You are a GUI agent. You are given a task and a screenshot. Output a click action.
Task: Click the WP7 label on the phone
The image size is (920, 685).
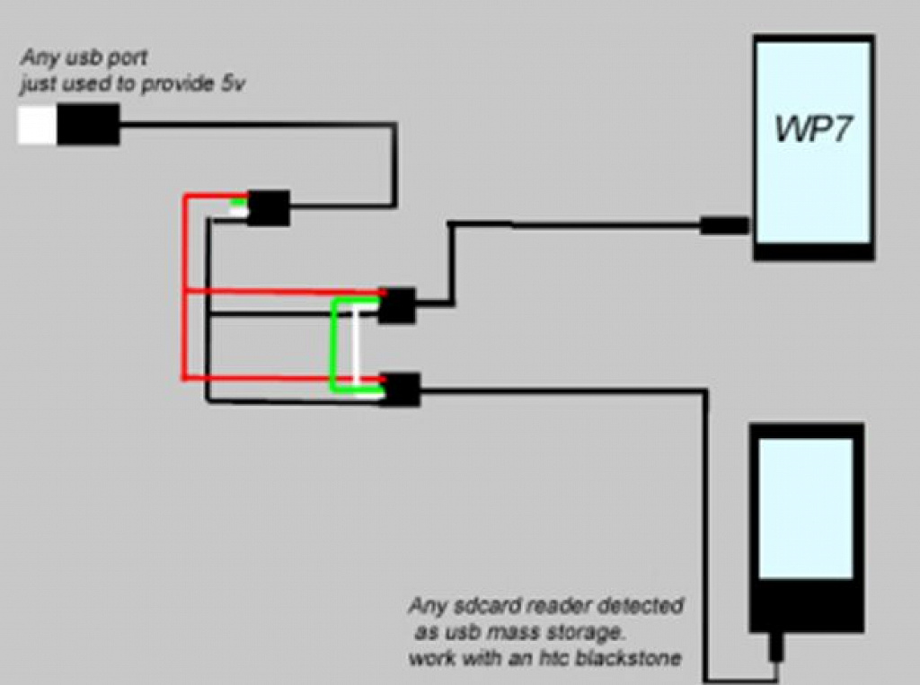(812, 127)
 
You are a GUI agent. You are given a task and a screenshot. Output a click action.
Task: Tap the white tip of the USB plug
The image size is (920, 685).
(37, 125)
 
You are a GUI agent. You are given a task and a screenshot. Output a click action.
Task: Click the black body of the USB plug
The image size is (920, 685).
(88, 124)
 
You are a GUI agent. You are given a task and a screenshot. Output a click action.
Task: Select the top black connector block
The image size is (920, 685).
(268, 207)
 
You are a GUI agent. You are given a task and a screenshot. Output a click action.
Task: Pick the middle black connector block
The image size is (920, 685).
(396, 305)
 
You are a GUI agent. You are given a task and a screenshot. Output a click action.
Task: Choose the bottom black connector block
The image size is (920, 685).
(402, 390)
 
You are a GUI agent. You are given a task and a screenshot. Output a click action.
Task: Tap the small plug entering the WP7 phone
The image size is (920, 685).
(725, 225)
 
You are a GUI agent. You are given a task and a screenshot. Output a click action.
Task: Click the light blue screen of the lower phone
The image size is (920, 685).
(806, 508)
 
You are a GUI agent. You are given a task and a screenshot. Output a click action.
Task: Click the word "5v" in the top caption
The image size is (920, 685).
(233, 84)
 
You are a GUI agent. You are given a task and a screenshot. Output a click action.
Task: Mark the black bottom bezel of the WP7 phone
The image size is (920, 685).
(814, 251)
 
